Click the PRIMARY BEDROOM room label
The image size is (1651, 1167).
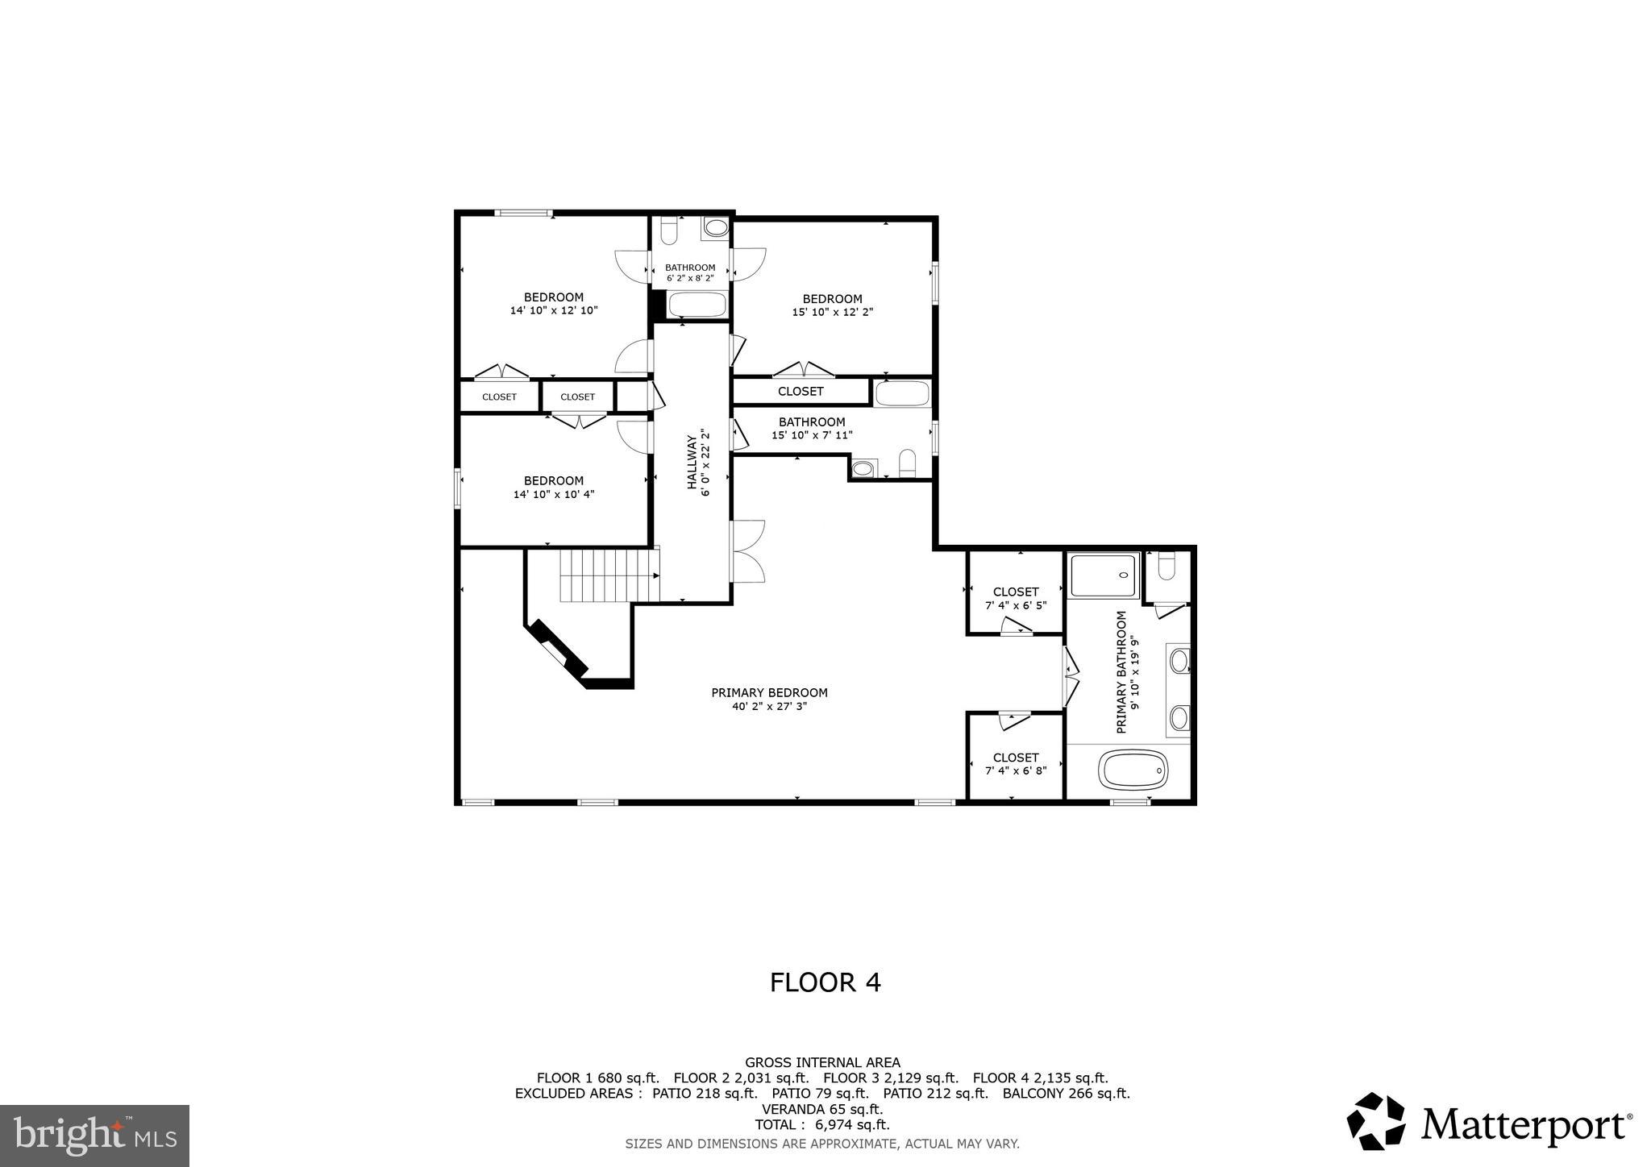coord(769,693)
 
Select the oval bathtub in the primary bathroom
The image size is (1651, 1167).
coord(1133,770)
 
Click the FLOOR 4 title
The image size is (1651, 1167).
coord(825,982)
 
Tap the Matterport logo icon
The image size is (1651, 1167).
coord(1375,1121)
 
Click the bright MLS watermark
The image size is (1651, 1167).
coord(94,1136)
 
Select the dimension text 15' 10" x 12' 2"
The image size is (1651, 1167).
coord(832,312)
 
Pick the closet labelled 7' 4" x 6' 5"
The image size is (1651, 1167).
coord(1016,598)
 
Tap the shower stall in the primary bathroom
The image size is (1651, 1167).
coord(1104,575)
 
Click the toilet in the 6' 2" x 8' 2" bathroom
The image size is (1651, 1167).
coord(668,232)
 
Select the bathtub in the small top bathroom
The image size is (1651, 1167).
coord(697,305)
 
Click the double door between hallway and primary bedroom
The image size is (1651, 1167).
coord(746,551)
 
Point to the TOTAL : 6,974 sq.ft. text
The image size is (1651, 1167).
coord(821,1124)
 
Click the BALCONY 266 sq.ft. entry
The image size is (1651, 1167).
coord(1066,1094)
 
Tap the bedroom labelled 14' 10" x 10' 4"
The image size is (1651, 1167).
coord(553,487)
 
